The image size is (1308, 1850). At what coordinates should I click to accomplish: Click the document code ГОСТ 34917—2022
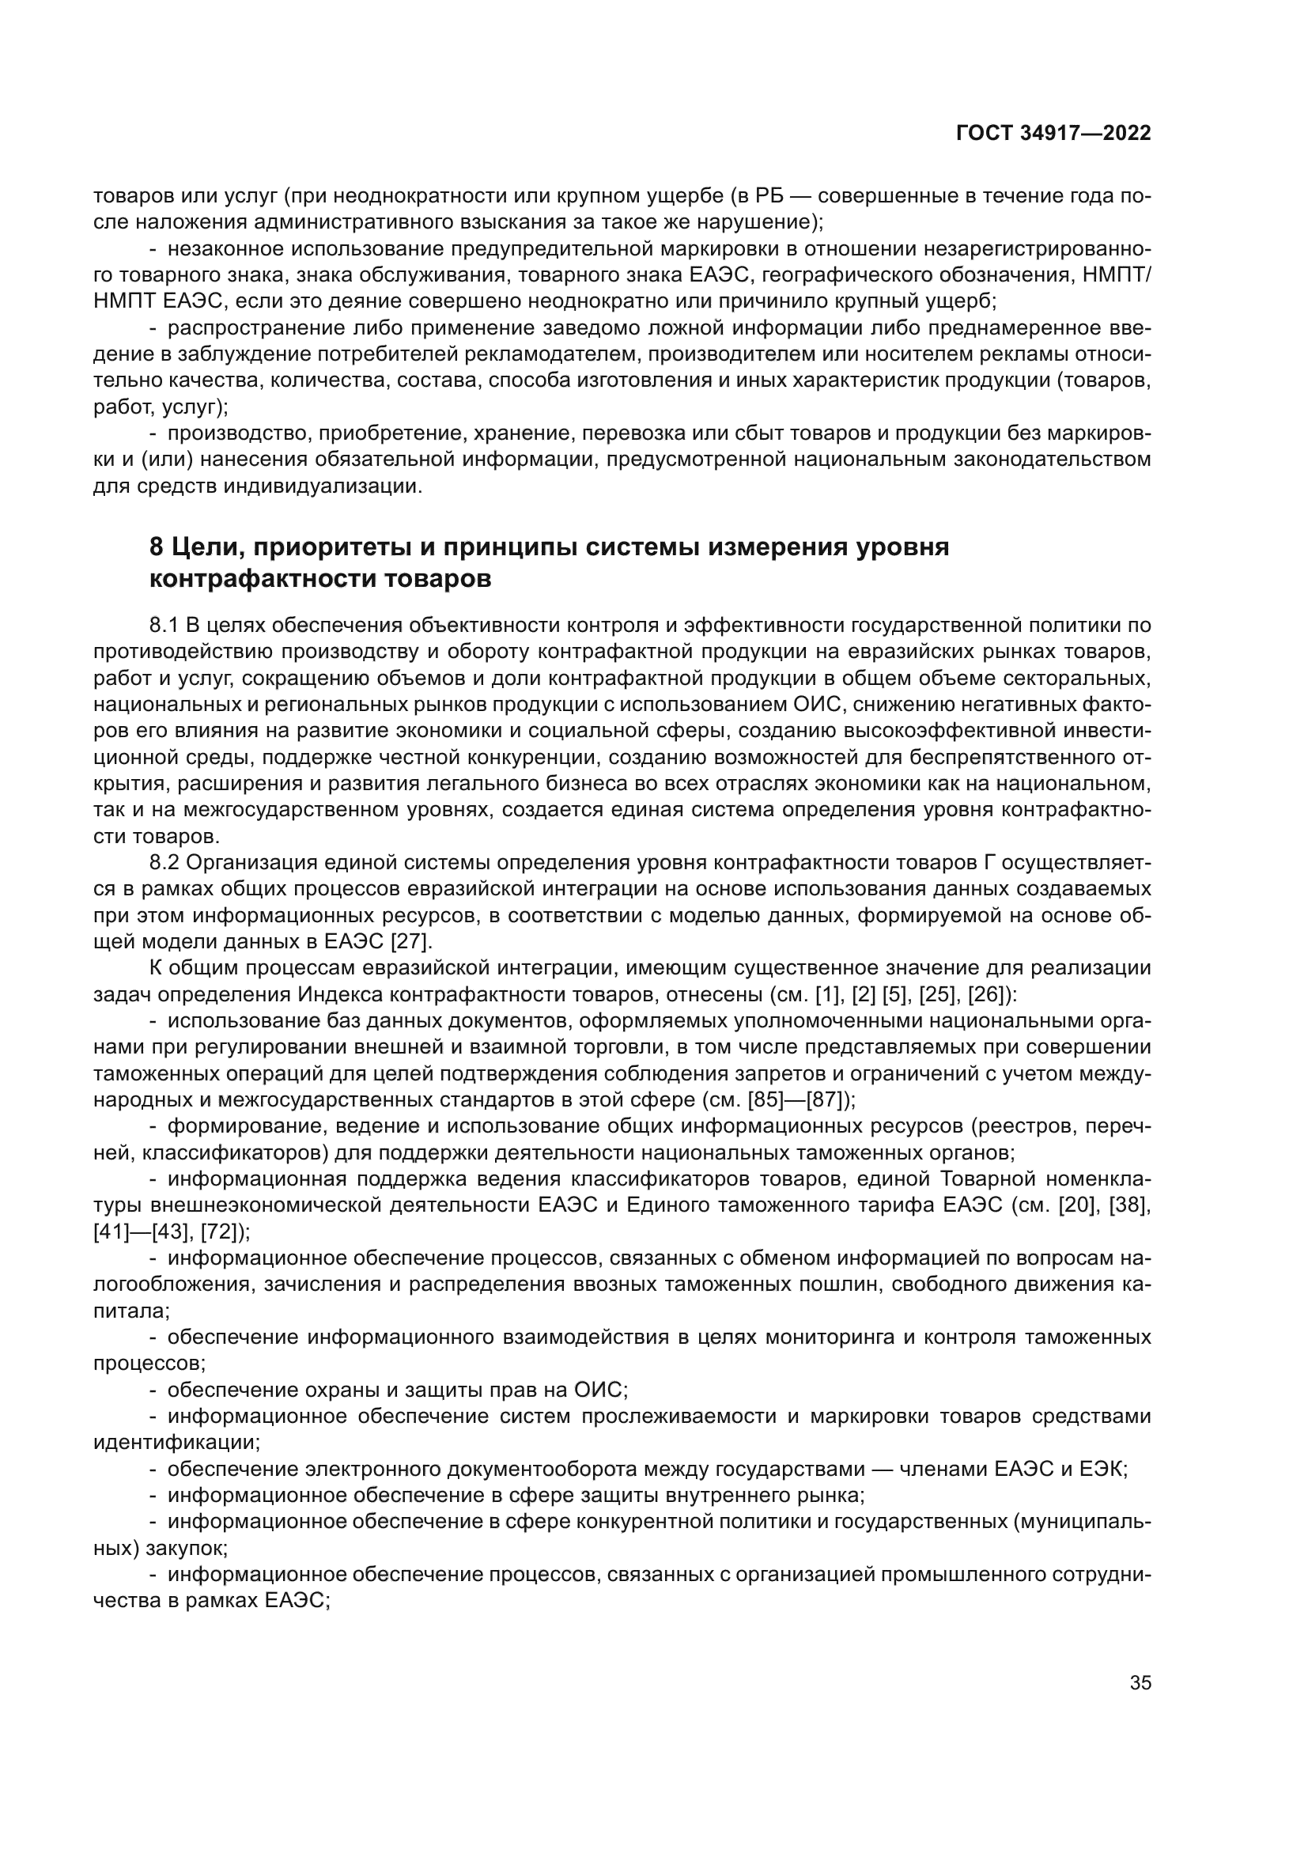[x=1053, y=134]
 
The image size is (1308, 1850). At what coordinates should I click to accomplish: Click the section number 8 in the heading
[x=157, y=547]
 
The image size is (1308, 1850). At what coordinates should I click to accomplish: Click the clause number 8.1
[x=164, y=626]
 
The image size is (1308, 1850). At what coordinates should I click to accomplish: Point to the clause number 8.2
[x=164, y=863]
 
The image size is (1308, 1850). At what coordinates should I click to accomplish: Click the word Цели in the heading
[x=209, y=547]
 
